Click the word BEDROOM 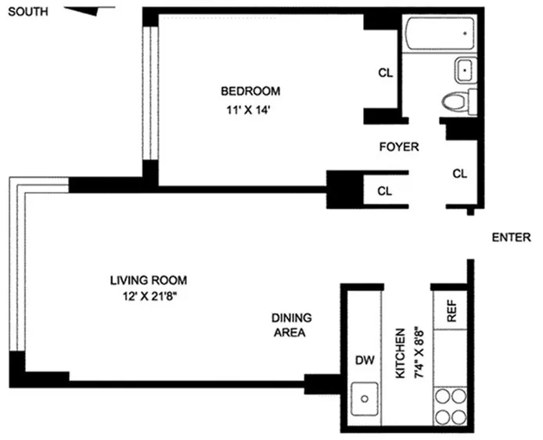[x=250, y=90]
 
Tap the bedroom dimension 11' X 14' [x=250, y=110]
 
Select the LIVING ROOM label [x=148, y=280]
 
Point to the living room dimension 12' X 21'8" [x=148, y=296]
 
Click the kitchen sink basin [x=364, y=399]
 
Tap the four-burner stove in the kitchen [x=450, y=406]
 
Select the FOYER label [x=398, y=146]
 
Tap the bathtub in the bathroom [x=439, y=34]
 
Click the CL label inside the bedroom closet [x=384, y=73]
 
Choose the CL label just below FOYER [x=384, y=190]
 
